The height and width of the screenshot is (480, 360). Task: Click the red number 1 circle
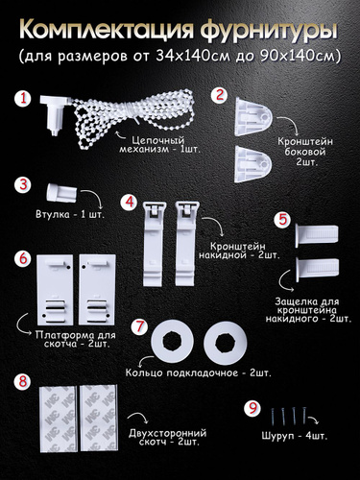(x=23, y=99)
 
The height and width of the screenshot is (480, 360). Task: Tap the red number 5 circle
(x=282, y=220)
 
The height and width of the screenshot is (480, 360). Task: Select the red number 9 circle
(x=252, y=408)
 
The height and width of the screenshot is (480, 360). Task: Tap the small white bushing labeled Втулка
(x=61, y=192)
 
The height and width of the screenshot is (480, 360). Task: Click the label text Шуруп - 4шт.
(x=295, y=436)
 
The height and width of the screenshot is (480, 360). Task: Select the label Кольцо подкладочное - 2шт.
(x=199, y=373)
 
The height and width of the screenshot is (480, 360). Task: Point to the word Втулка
(x=53, y=214)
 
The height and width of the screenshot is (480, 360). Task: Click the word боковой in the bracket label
(x=305, y=152)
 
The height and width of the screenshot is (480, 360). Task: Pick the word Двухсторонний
(x=168, y=434)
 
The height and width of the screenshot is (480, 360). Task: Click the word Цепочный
(x=158, y=140)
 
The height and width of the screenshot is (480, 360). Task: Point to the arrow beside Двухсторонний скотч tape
(x=138, y=417)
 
